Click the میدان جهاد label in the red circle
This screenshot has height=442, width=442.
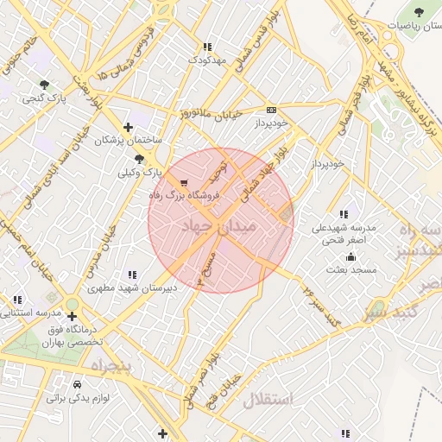[219, 227]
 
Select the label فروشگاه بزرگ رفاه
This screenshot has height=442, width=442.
[185, 197]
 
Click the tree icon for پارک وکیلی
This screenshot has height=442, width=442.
[139, 158]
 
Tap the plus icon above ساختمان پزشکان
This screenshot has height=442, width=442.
[128, 127]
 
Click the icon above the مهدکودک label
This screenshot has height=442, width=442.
[206, 47]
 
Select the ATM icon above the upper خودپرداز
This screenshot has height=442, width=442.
[271, 110]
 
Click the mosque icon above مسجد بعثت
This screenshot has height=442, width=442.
[350, 256]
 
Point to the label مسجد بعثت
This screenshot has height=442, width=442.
[351, 270]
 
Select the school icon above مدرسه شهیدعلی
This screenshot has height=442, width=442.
[344, 214]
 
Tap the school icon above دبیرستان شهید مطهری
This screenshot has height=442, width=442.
[131, 275]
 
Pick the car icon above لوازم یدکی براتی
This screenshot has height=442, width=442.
[79, 383]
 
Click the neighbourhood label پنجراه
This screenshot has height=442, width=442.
[110, 366]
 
